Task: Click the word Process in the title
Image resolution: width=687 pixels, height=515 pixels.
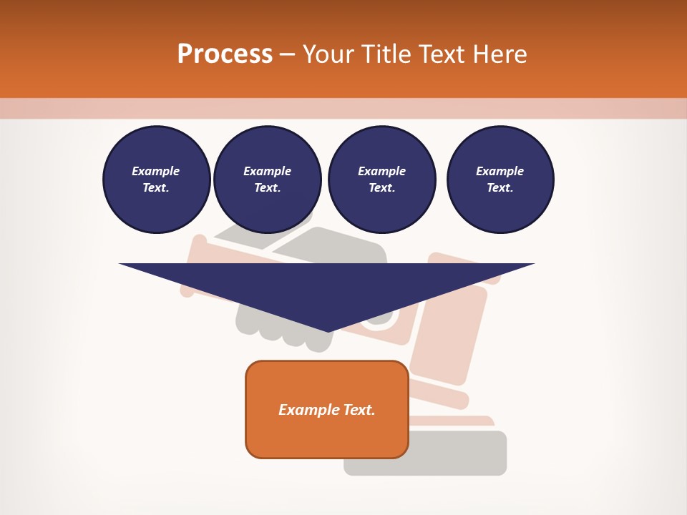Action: point(225,54)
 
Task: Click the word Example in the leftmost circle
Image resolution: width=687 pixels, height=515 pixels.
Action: point(156,171)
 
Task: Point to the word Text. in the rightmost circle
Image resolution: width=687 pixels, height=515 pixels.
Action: point(500,187)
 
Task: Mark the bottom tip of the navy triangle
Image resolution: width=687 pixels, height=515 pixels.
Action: point(328,330)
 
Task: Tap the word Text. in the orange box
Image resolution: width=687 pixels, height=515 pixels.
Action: point(359,410)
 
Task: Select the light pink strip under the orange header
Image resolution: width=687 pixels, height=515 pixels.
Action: point(343,108)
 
